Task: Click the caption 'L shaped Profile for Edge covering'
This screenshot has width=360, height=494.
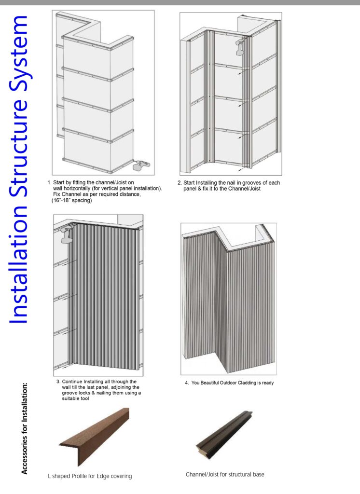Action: [x=89, y=477]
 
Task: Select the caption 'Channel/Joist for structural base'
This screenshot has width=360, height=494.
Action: [x=225, y=475]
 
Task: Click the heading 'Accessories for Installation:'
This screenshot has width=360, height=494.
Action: [x=25, y=429]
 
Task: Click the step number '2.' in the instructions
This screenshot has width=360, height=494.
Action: [x=180, y=183]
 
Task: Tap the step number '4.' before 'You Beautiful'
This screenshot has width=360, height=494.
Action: [x=186, y=383]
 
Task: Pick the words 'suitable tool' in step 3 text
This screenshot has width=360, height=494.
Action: [x=72, y=399]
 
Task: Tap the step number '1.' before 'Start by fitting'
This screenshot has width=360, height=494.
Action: [x=49, y=183]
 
